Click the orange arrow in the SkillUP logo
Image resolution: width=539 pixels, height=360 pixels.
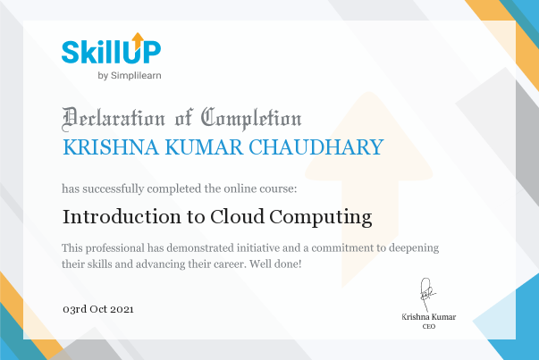point(138,40)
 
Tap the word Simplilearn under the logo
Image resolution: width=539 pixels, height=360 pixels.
point(136,76)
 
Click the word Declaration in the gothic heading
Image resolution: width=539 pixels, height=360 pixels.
point(114,119)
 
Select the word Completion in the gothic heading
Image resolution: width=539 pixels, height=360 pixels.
point(251,119)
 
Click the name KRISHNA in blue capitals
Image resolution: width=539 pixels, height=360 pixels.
point(111,147)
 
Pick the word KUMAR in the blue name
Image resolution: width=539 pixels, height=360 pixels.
point(204,147)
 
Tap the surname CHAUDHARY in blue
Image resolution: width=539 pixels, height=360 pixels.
point(316,147)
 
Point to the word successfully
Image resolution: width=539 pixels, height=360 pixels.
point(114,188)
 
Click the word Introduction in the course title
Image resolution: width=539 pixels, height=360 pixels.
point(122,217)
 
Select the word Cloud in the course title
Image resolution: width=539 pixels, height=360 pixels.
point(237,217)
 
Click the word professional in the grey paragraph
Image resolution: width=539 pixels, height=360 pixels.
point(115,248)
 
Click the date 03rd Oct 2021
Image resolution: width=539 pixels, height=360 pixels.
point(98,309)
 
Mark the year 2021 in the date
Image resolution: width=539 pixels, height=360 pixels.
point(122,309)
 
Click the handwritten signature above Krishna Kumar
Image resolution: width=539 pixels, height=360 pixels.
point(427,295)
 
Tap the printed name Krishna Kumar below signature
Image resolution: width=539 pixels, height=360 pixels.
point(429,317)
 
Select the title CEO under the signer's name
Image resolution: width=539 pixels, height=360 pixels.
point(429,326)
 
